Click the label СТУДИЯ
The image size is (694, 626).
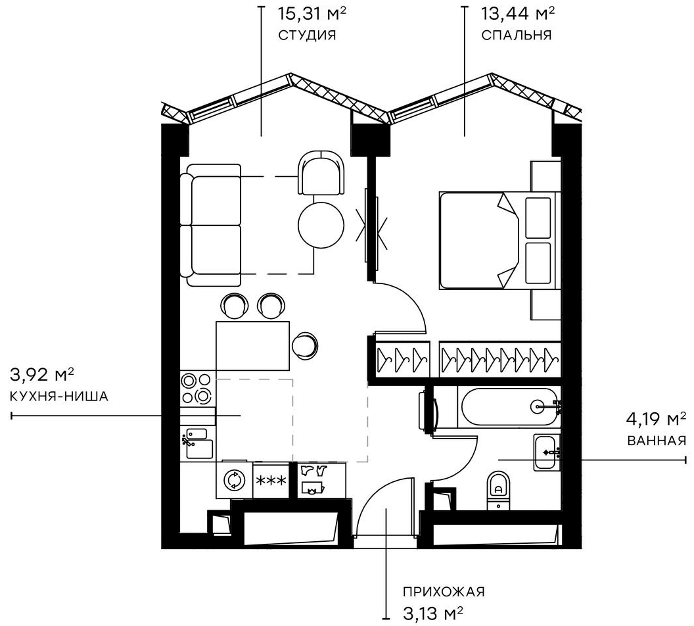click(x=307, y=36)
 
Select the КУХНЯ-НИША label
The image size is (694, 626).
click(x=59, y=397)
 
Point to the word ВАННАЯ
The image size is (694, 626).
click(x=657, y=441)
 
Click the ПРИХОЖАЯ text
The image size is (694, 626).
click(x=444, y=592)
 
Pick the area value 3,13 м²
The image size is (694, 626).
click(x=433, y=614)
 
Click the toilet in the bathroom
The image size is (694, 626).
click(x=498, y=491)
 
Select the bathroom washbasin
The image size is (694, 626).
click(x=547, y=452)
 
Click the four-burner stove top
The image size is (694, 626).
click(x=198, y=388)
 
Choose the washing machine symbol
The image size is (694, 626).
click(x=234, y=480)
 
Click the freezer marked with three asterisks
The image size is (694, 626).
click(x=271, y=480)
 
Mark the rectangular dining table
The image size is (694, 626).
click(x=252, y=346)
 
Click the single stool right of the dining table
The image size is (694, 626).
click(x=305, y=345)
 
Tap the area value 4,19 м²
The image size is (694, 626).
click(x=656, y=419)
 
